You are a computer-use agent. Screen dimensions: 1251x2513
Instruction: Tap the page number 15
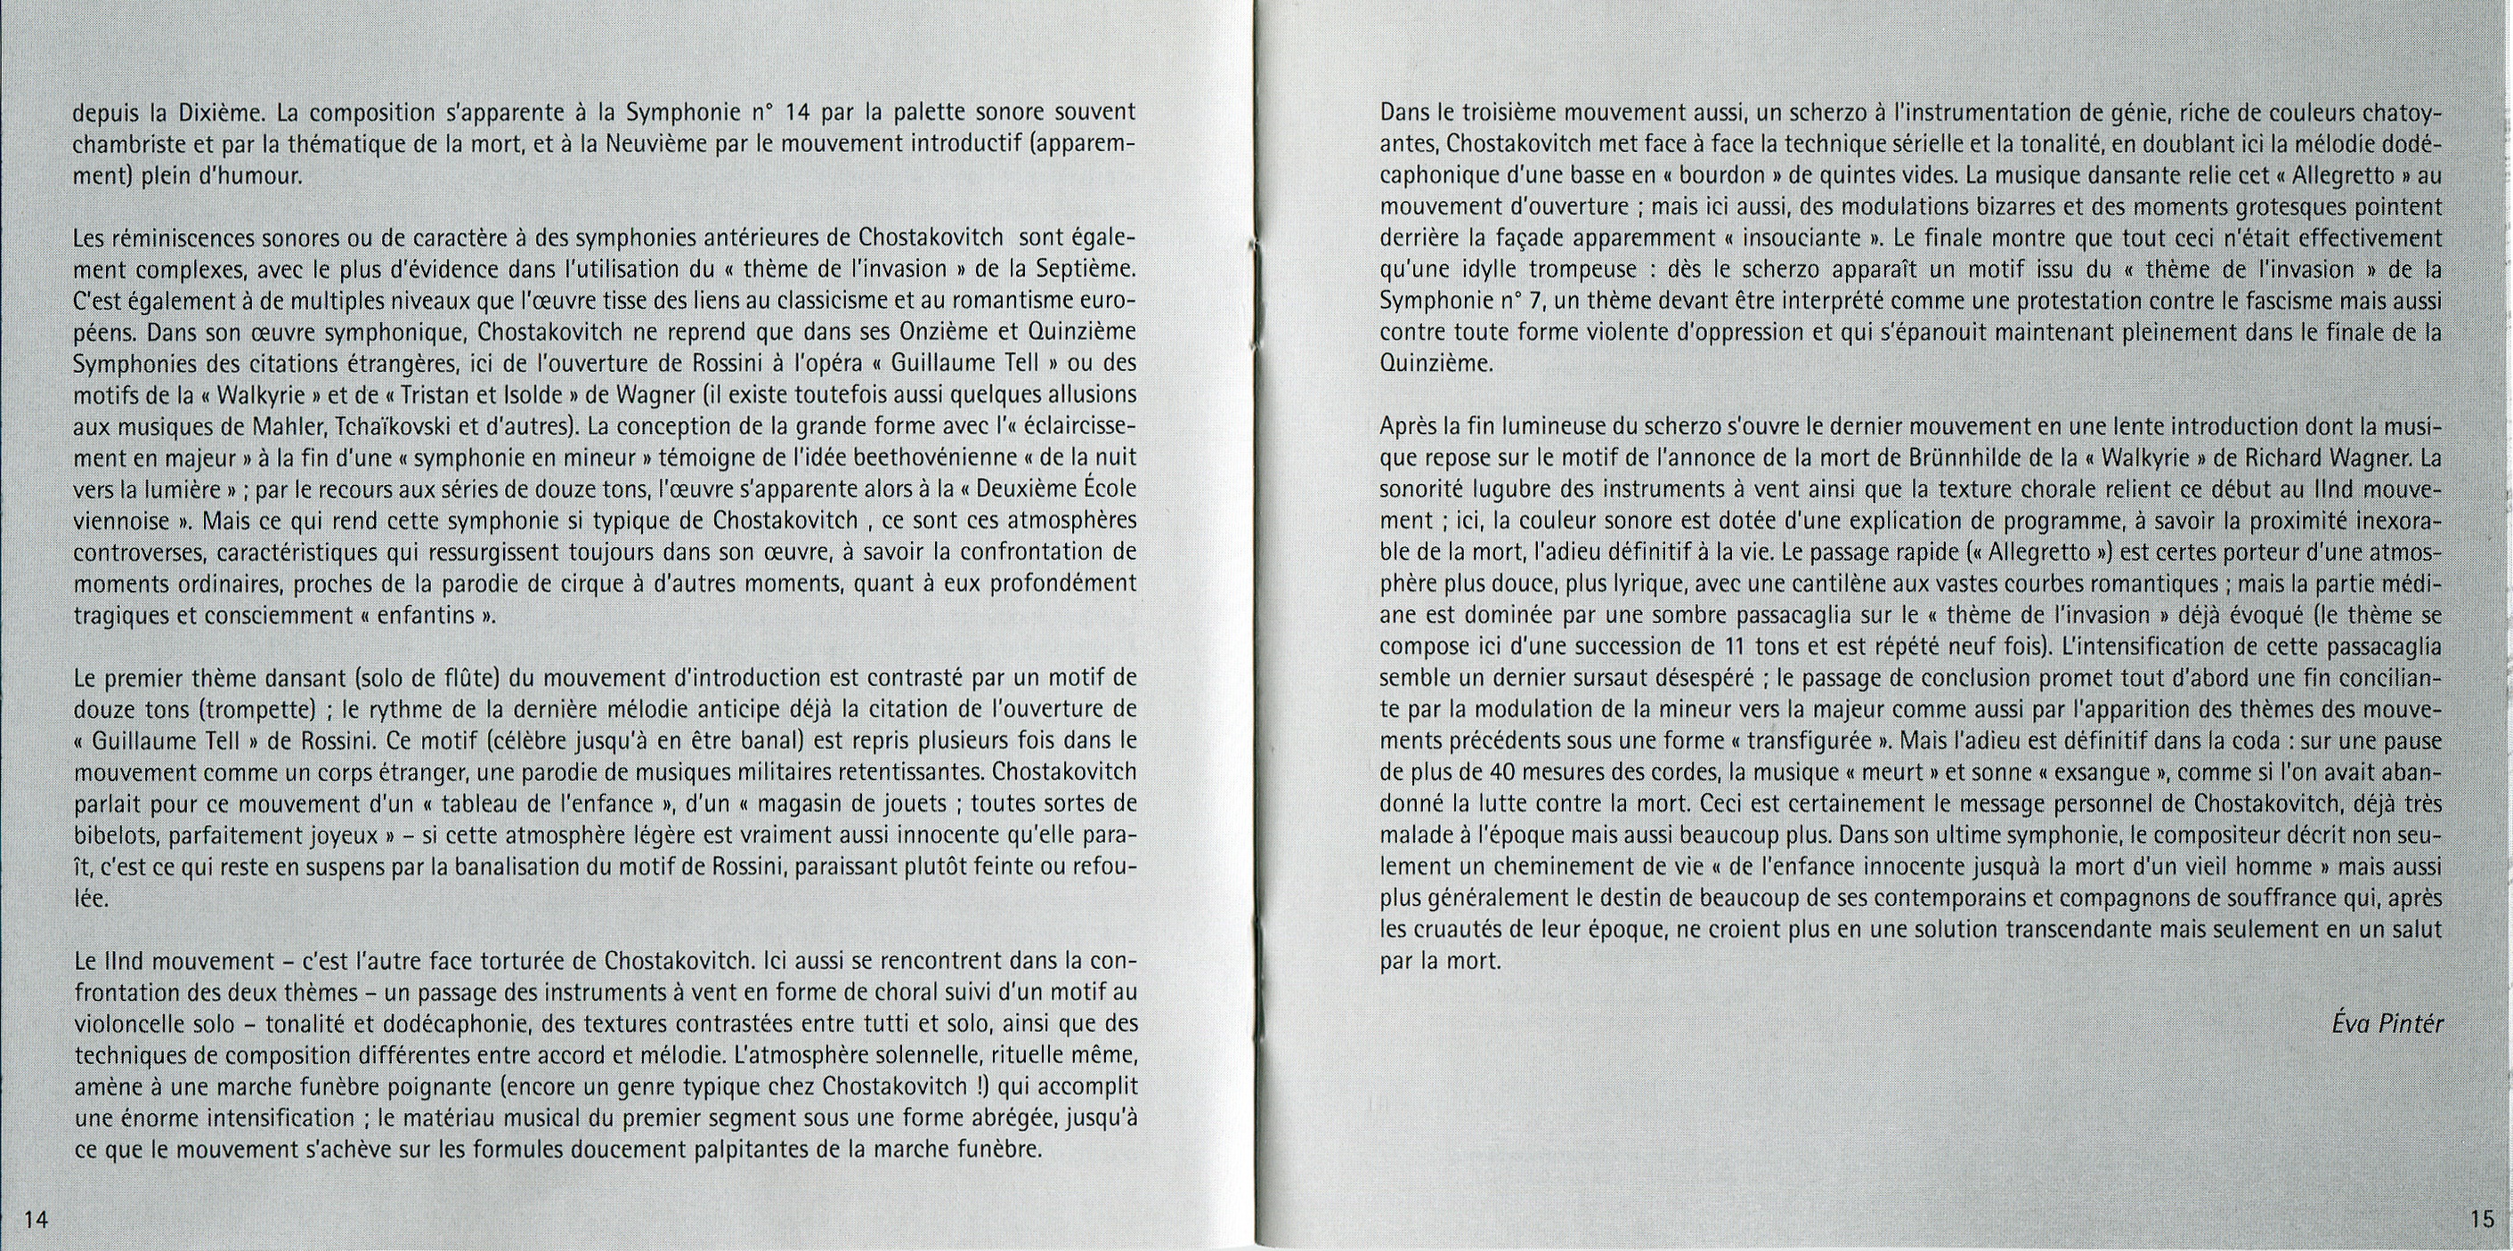pos(2483,1218)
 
